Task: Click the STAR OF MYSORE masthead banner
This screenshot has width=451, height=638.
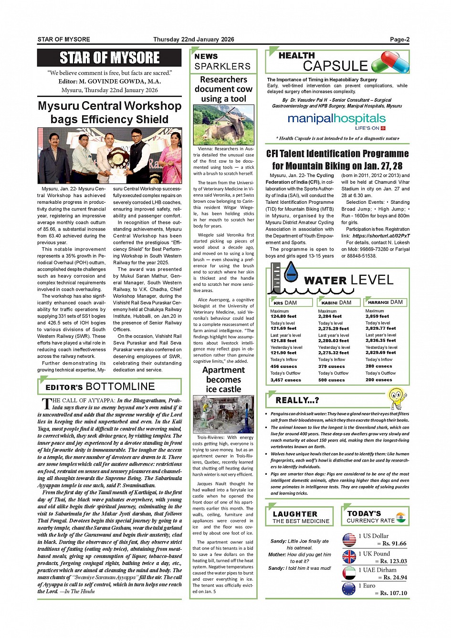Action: pyautogui.click(x=109, y=58)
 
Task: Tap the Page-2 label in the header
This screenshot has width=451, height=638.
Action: pyautogui.click(x=399, y=40)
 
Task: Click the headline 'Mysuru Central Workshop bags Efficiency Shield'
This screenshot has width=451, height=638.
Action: pyautogui.click(x=110, y=113)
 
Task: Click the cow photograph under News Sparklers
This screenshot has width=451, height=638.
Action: pyautogui.click(x=223, y=125)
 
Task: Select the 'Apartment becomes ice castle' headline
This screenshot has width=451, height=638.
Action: pyautogui.click(x=223, y=379)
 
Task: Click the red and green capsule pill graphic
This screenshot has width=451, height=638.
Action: pyautogui.click(x=390, y=63)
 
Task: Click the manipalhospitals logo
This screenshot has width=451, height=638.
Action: pyautogui.click(x=336, y=119)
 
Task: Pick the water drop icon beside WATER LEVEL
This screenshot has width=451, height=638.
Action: pyautogui.click(x=291, y=272)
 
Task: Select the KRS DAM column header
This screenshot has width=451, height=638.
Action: pyautogui.click(x=285, y=303)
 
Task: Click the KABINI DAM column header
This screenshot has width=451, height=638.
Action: pyautogui.click(x=336, y=303)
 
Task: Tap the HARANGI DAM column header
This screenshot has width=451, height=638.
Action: pyautogui.click(x=385, y=302)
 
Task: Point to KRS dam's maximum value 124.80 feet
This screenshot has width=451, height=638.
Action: pyautogui.click(x=283, y=316)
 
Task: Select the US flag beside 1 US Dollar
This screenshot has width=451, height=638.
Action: pyautogui.click(x=349, y=540)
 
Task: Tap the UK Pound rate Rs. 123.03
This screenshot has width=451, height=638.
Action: pyautogui.click(x=392, y=561)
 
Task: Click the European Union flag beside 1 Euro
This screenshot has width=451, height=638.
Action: pyautogui.click(x=349, y=589)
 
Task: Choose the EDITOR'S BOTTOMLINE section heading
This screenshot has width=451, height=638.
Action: pyautogui.click(x=100, y=387)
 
